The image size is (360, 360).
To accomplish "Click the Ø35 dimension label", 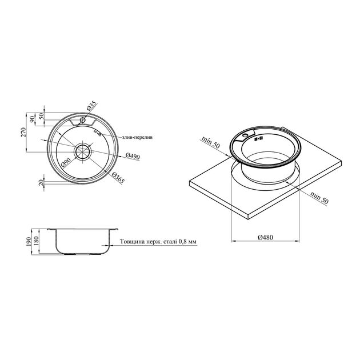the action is click(91, 106).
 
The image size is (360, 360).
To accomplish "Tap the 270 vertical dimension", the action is click(23, 132).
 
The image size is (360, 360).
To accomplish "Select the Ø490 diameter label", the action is click(133, 156).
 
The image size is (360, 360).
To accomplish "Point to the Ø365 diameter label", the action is click(118, 178).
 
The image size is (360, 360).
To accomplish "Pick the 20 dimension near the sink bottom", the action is click(41, 183).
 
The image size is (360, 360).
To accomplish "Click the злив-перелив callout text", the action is click(138, 138).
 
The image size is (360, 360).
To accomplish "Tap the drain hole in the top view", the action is click(82, 151).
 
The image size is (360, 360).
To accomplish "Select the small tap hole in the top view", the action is click(83, 120).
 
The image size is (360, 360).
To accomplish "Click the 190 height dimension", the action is click(29, 242).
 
